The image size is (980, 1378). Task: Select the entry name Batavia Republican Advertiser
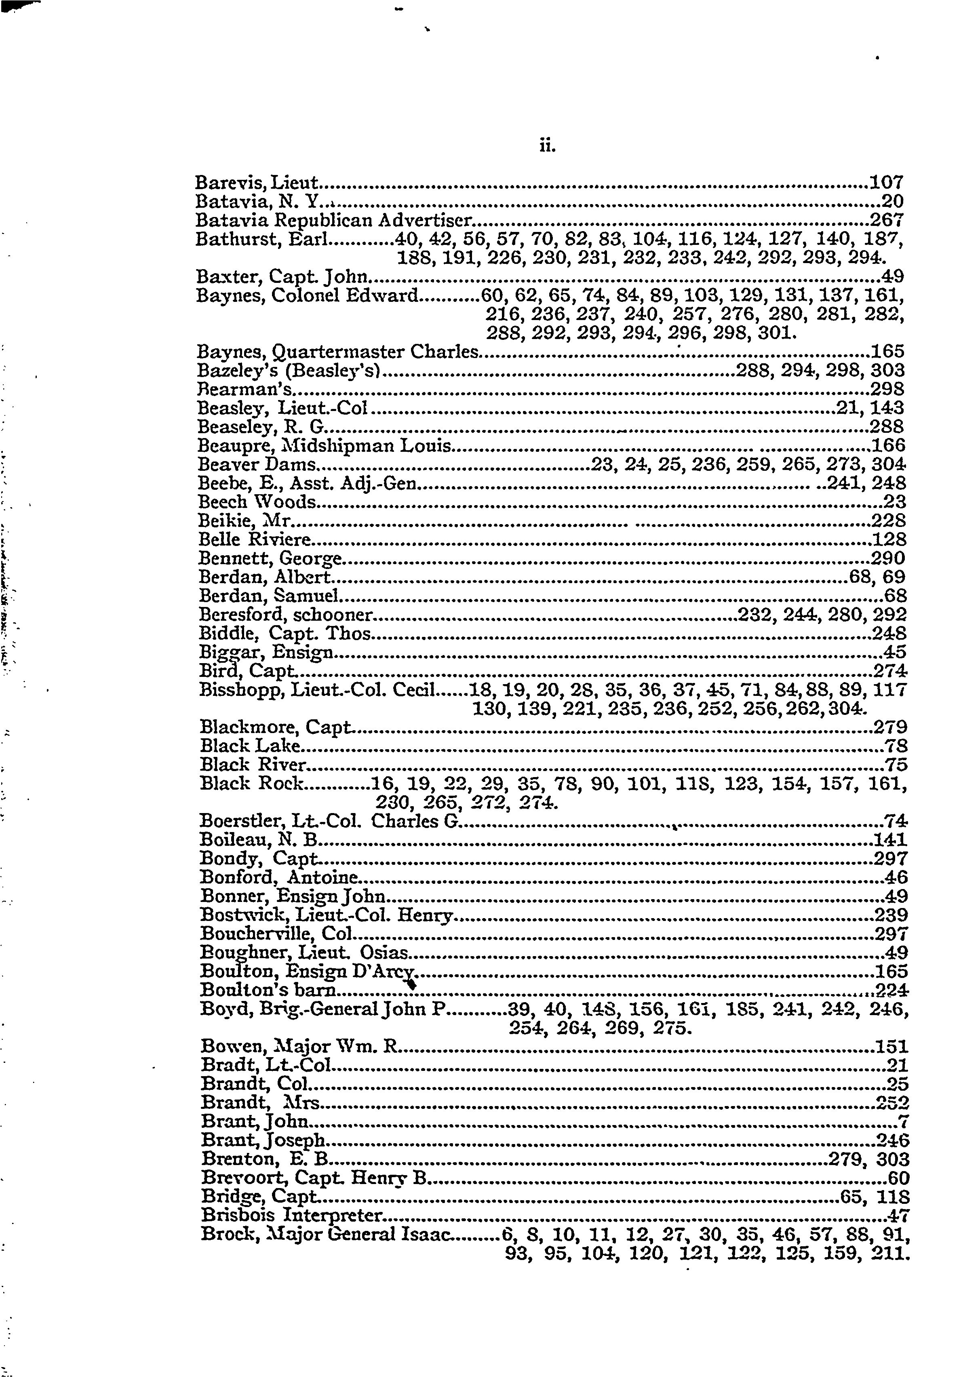(x=333, y=219)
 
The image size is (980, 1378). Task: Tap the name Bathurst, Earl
(x=261, y=239)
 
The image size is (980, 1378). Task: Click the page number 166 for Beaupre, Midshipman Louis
(x=888, y=445)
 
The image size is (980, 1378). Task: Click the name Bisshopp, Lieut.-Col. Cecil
(x=317, y=689)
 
